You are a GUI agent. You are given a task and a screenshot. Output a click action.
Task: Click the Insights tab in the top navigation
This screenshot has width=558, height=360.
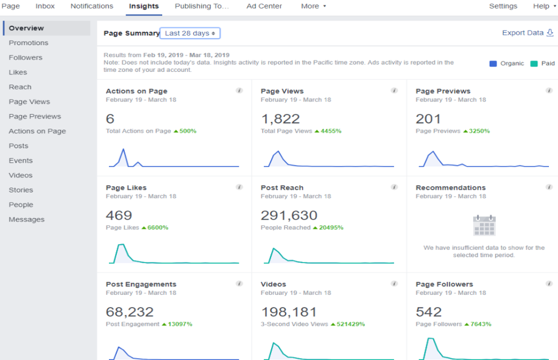pos(144,6)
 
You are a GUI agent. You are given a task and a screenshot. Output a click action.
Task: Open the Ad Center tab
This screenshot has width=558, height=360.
pos(264,6)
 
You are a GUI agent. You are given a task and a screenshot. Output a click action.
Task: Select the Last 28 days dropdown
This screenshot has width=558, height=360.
pos(189,34)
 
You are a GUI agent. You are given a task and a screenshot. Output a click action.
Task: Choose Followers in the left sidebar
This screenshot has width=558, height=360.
pos(26,58)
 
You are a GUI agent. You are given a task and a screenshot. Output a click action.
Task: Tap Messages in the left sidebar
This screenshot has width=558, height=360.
pos(26,219)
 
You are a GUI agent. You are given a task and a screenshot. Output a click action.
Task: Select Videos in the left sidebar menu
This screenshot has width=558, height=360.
pos(21,175)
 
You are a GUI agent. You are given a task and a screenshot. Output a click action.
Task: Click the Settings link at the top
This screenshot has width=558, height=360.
pos(503,6)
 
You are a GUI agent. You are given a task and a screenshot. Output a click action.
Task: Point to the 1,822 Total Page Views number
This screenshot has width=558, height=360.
pos(280,119)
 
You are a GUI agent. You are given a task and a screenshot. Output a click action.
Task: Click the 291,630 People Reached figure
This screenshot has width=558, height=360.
pos(289,215)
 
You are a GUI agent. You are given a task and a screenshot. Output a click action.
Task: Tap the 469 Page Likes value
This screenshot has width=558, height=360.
pos(119,215)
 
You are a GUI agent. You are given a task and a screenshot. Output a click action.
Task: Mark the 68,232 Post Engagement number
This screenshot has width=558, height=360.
pos(129,312)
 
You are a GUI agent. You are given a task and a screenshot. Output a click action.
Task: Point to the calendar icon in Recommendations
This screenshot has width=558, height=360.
pos(484,225)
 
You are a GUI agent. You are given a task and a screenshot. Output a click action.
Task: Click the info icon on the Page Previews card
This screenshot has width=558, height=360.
pos(549,91)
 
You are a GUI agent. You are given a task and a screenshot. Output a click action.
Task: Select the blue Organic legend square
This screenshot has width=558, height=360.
pos(493,63)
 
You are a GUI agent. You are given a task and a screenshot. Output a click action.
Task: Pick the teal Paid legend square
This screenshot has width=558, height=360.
pos(534,63)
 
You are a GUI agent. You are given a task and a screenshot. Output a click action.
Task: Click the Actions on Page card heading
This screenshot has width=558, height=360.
pos(136,91)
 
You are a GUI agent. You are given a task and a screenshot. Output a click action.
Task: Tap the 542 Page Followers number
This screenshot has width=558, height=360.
pos(428,312)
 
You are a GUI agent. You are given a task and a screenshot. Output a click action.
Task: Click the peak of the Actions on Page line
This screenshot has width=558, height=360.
pos(124,149)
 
